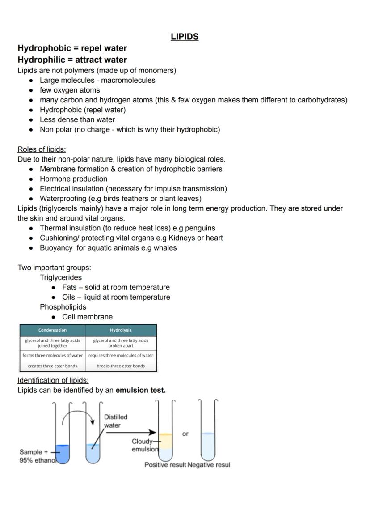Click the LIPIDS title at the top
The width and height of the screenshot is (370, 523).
point(184,37)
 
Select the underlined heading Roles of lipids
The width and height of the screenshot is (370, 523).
point(42,149)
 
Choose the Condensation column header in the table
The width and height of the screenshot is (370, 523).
point(52,330)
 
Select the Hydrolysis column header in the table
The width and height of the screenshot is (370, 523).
point(121,330)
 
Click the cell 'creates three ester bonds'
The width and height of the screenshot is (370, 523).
point(52,366)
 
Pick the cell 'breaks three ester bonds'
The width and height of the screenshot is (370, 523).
point(121,366)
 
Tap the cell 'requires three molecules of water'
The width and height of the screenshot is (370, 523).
point(121,356)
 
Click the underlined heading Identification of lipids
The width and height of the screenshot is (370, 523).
point(53,380)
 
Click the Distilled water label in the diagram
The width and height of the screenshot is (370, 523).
point(115,421)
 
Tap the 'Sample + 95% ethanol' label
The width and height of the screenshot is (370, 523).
point(36,456)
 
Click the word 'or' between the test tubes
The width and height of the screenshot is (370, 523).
point(185,434)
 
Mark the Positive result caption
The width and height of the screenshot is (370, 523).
point(165,465)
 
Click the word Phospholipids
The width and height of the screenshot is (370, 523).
point(63,307)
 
